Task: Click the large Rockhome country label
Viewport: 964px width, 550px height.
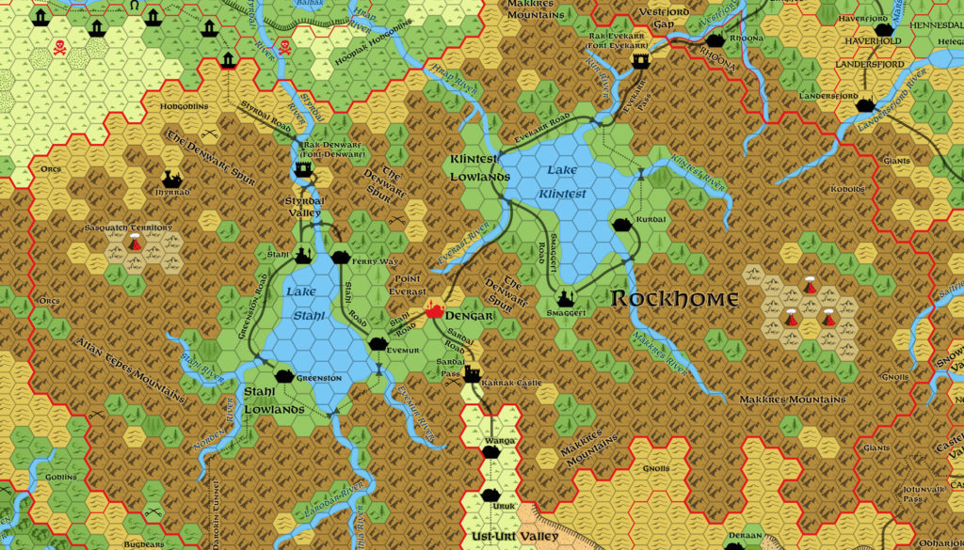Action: click(x=675, y=299)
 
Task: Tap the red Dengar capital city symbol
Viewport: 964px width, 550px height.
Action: click(x=435, y=309)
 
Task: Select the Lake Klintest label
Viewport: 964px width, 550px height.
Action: click(x=564, y=182)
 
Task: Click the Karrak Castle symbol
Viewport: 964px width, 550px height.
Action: click(x=472, y=374)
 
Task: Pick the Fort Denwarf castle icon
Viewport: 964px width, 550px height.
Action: click(x=304, y=168)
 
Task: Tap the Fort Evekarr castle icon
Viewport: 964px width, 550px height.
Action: click(x=641, y=60)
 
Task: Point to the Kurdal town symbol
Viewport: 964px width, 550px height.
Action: click(x=623, y=224)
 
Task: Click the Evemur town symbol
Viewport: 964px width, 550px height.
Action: click(x=378, y=343)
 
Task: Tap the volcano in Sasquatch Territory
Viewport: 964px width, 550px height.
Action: click(x=135, y=244)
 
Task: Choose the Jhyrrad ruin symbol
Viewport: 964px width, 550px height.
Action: click(x=171, y=178)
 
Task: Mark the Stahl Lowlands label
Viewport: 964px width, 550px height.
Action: click(x=274, y=400)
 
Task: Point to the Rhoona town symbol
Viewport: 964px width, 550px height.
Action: click(x=715, y=40)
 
